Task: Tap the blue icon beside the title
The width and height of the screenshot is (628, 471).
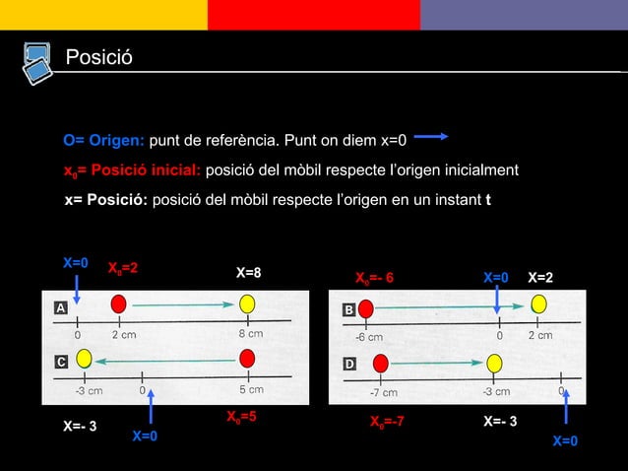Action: click(x=37, y=61)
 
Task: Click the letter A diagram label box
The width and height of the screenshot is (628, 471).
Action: click(x=60, y=308)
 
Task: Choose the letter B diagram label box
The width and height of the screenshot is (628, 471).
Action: click(x=348, y=309)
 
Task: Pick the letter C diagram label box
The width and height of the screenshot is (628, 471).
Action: click(x=60, y=362)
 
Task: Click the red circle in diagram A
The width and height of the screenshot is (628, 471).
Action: click(x=119, y=303)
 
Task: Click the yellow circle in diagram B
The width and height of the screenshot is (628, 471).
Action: click(x=538, y=303)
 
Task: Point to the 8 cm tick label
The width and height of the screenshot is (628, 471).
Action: click(x=251, y=334)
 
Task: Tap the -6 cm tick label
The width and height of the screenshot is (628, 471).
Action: click(x=368, y=337)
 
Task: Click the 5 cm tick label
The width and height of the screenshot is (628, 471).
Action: click(x=251, y=389)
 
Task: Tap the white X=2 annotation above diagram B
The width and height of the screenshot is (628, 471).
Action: click(x=540, y=279)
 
